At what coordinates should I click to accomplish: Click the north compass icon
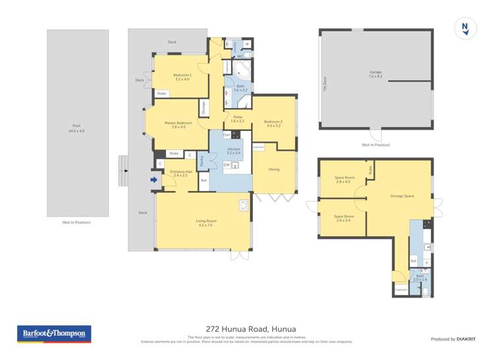(x=465, y=28)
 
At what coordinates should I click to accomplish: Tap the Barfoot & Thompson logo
(x=53, y=334)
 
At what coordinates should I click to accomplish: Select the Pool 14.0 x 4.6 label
(x=77, y=129)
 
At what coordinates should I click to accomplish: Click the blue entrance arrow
(x=154, y=179)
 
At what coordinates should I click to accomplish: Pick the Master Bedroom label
(x=178, y=124)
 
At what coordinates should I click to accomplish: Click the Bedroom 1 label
(x=182, y=77)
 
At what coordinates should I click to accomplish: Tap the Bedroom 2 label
(x=273, y=123)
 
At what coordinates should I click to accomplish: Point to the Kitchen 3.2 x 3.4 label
(x=234, y=151)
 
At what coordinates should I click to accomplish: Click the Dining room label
(x=273, y=169)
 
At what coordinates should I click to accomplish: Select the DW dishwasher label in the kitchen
(x=227, y=165)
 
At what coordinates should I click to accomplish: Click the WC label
(x=240, y=57)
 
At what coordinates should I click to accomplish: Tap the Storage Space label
(x=401, y=195)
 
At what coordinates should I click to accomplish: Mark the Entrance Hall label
(x=180, y=174)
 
